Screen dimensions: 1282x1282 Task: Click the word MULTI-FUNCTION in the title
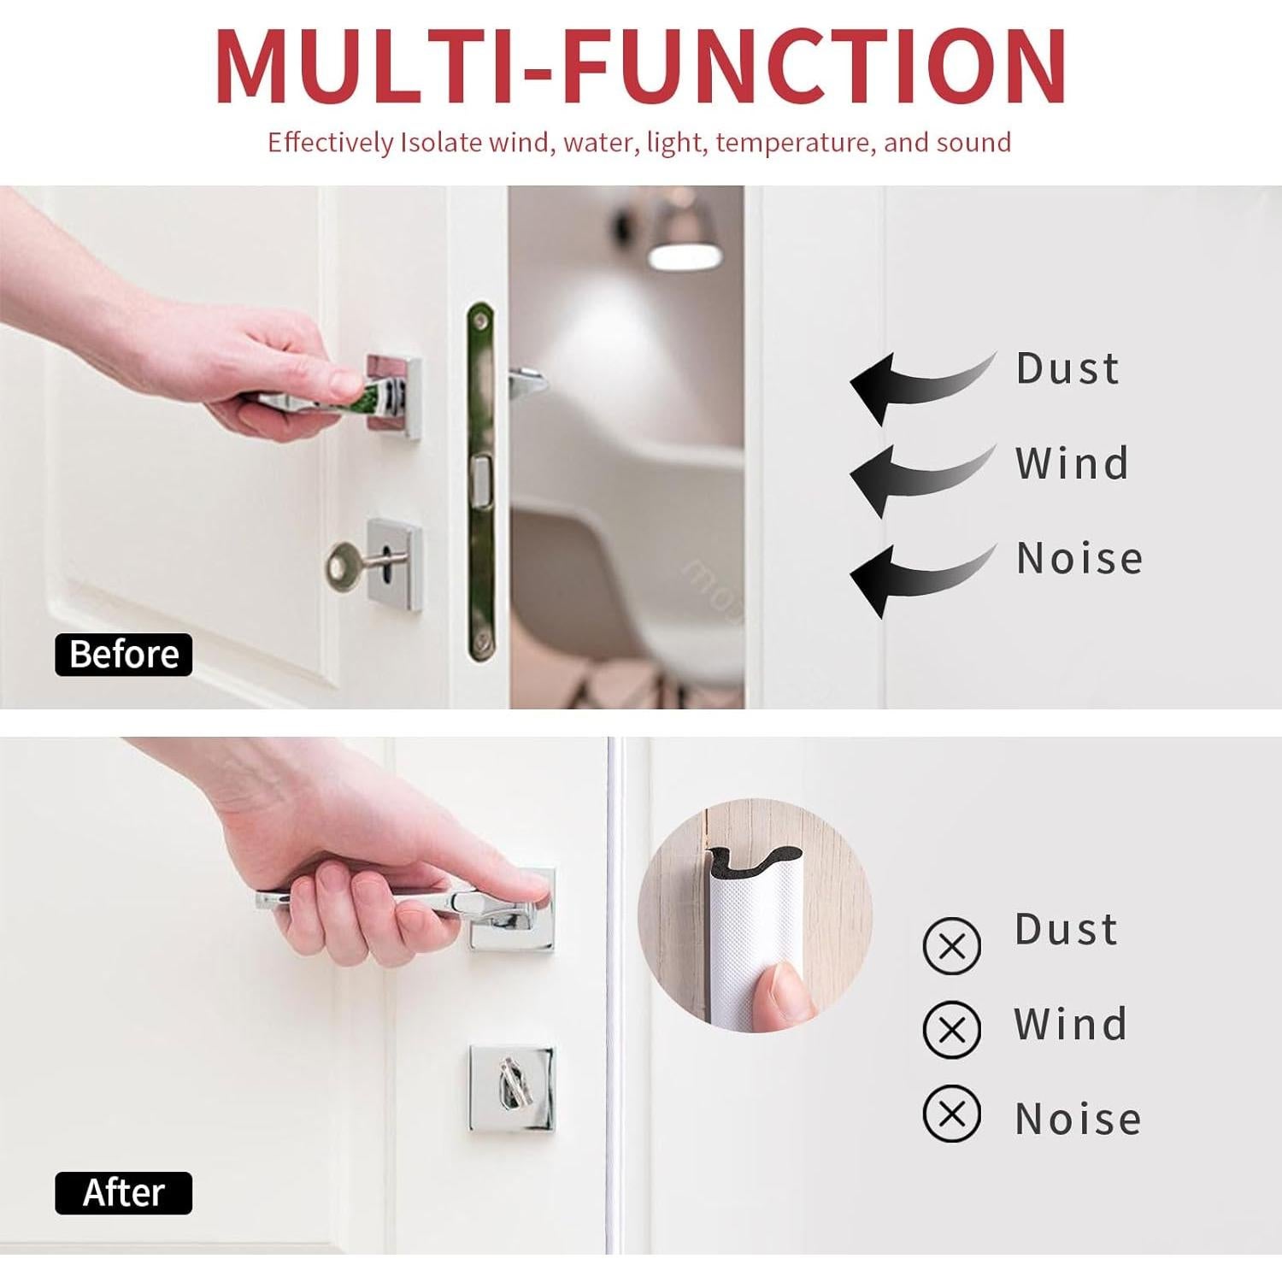tap(641, 67)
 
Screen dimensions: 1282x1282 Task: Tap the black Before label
tap(124, 655)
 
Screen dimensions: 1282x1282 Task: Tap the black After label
tap(124, 1193)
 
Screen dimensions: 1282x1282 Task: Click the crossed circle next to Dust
tap(951, 946)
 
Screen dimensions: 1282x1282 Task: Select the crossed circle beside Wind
tap(951, 1030)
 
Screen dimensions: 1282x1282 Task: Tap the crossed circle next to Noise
tap(951, 1114)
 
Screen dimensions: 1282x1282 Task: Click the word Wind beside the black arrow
tap(1073, 463)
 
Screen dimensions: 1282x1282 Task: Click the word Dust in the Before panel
tap(1067, 369)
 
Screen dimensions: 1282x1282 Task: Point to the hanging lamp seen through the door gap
tap(679, 244)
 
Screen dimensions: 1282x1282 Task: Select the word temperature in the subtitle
tap(795, 142)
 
